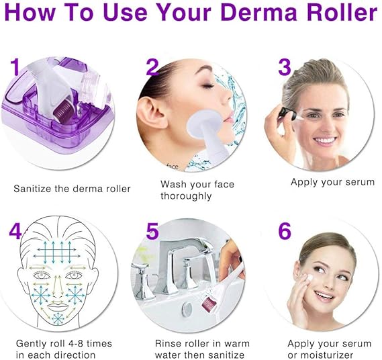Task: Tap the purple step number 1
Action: pyautogui.click(x=15, y=67)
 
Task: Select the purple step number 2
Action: pyautogui.click(x=152, y=67)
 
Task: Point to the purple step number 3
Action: pyautogui.click(x=285, y=66)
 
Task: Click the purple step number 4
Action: pyautogui.click(x=15, y=231)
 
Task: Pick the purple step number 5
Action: pyautogui.click(x=152, y=231)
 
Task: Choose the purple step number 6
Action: pyautogui.click(x=285, y=230)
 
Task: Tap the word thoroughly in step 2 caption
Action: pyautogui.click(x=186, y=196)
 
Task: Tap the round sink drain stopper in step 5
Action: pyautogui.click(x=187, y=310)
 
